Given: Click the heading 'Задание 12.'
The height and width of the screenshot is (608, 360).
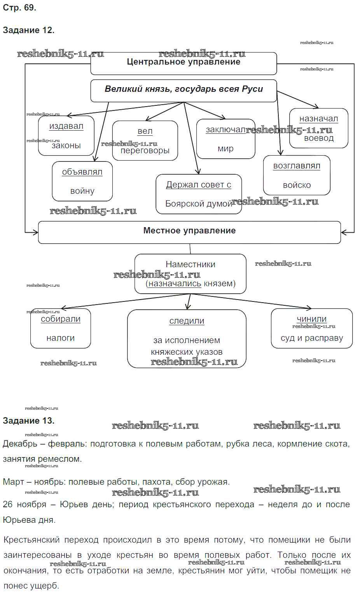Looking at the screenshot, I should click(x=28, y=30).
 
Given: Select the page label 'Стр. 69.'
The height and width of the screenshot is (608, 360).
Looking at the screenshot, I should click(x=19, y=7).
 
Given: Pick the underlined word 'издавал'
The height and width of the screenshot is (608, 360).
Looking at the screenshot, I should click(x=66, y=126).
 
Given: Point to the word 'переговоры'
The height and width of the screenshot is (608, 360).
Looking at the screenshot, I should click(x=145, y=151).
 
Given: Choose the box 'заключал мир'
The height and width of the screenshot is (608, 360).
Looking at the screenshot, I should click(x=225, y=139).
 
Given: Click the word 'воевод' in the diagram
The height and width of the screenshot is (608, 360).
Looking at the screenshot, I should click(x=319, y=138).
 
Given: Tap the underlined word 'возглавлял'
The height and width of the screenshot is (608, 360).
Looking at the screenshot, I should click(x=297, y=166).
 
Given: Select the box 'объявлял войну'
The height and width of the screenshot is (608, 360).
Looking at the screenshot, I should click(x=82, y=181).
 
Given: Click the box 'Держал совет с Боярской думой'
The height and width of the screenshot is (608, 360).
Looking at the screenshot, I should click(x=199, y=194).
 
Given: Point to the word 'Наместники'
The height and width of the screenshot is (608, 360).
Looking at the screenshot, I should click(x=190, y=265).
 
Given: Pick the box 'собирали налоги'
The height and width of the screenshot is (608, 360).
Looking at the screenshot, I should click(x=61, y=328).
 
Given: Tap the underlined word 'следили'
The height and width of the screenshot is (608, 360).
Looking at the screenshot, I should click(x=187, y=321).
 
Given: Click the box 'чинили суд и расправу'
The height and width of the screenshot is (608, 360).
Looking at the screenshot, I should click(x=312, y=328).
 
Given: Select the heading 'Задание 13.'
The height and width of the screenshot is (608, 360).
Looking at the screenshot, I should click(x=28, y=421).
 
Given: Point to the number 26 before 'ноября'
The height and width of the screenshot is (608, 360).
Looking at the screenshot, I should click(x=8, y=505).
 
